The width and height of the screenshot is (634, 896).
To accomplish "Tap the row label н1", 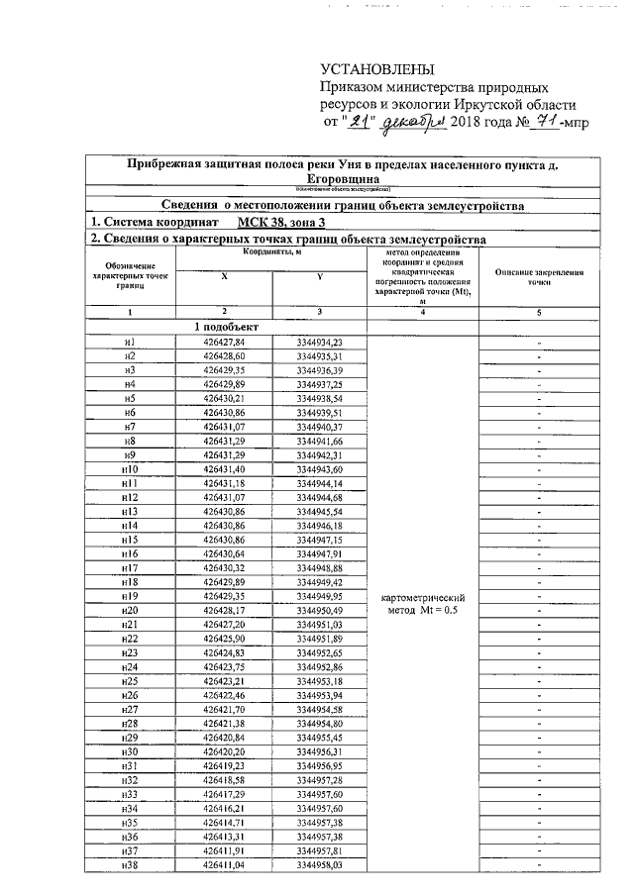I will click(x=130, y=342).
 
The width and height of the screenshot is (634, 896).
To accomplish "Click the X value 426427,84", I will click(x=224, y=342).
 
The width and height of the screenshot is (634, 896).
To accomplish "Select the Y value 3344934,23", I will click(x=319, y=342).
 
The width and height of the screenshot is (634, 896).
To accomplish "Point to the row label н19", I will click(x=130, y=598).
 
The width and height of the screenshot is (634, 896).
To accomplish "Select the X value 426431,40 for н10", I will click(x=224, y=469).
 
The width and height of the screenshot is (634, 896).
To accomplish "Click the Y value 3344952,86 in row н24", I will click(x=319, y=668).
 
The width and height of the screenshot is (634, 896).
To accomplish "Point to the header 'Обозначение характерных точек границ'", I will click(x=129, y=276).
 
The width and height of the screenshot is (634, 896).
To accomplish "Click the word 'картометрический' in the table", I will click(x=423, y=598).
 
